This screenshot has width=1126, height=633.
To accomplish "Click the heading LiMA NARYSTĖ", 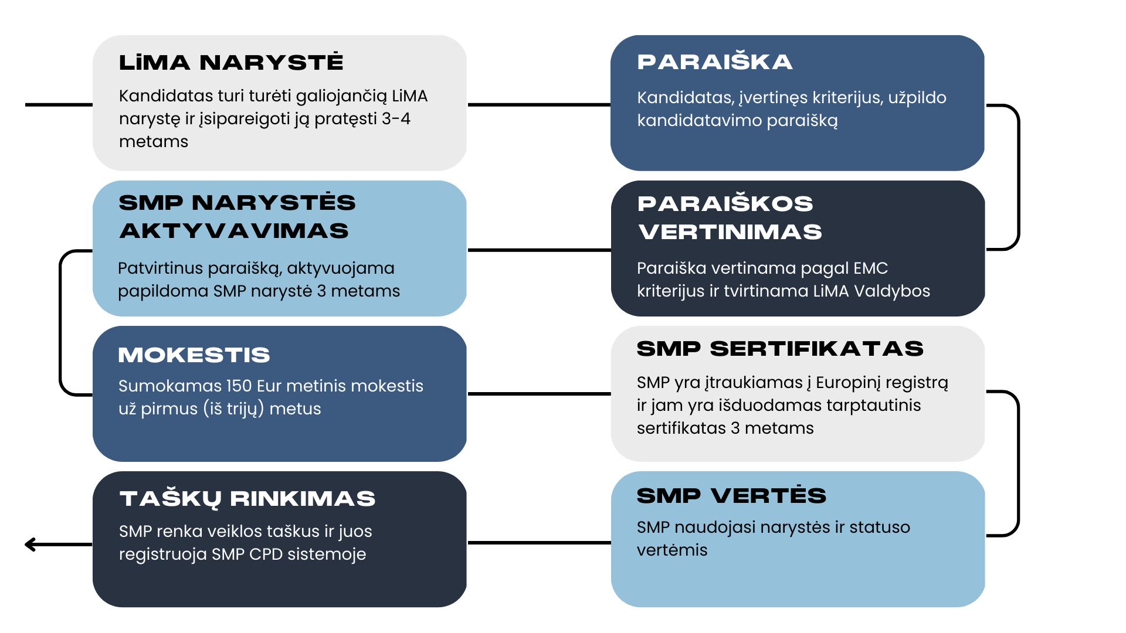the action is point(231,62).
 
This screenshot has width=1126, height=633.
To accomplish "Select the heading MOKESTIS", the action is point(194,355).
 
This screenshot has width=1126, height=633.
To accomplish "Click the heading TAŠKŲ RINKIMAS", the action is point(247,498).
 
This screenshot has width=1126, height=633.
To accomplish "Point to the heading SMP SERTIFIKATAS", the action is point(780,349).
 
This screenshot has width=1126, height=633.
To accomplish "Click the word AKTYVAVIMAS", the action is point(234,231).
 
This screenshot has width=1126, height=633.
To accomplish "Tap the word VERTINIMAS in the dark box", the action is point(730,232).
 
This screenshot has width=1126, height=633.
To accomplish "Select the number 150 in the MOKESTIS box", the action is point(239,386).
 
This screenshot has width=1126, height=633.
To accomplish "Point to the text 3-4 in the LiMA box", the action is point(396,118).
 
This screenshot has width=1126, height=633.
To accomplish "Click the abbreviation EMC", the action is point(870,268).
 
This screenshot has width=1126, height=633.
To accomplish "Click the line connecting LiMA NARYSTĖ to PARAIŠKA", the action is point(539,105).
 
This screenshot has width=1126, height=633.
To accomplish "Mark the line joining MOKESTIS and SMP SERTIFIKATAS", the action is point(539,394).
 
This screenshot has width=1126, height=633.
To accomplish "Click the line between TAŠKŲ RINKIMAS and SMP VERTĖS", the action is point(539,543).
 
